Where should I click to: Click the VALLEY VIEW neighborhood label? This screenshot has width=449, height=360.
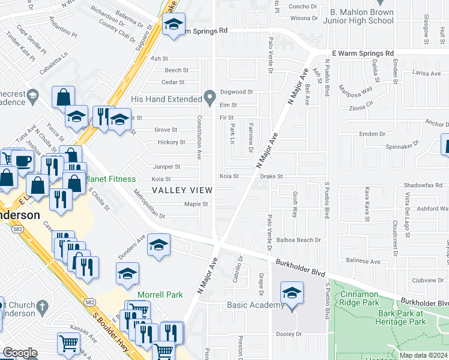(x=181, y=190)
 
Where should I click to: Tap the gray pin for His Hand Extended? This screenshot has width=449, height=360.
(x=209, y=97)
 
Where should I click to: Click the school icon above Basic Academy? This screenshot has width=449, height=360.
(x=292, y=294)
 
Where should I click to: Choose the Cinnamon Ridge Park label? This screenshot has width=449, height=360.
(x=368, y=299)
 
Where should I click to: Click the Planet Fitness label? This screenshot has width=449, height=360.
(x=111, y=179)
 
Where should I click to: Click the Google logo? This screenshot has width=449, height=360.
(x=20, y=352)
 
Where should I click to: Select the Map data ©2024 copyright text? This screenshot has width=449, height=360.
(x=424, y=355)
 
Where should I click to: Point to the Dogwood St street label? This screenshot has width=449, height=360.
(x=237, y=92)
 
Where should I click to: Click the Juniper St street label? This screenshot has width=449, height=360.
(x=166, y=167)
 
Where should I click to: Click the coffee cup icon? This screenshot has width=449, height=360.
(x=23, y=161)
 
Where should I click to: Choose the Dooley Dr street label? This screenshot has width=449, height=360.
(x=293, y=335)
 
